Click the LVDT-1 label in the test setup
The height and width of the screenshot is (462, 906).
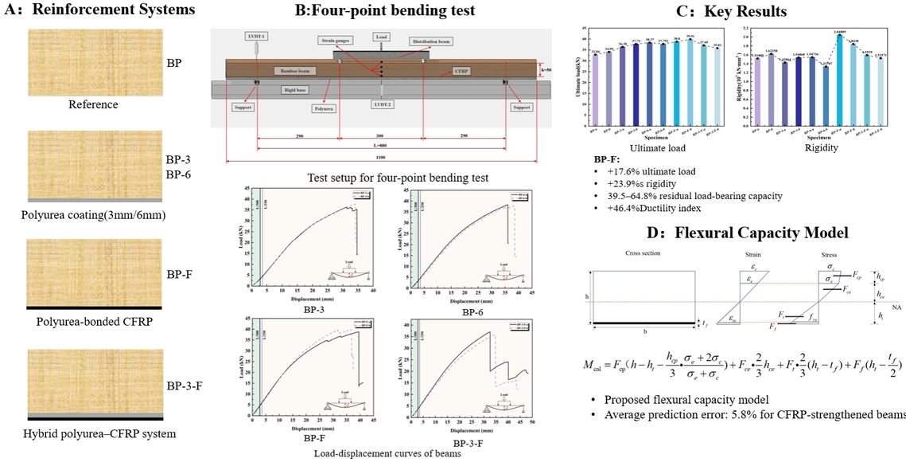coord(257,36)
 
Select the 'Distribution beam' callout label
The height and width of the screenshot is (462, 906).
coord(432,41)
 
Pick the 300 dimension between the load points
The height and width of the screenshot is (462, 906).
coord(381,136)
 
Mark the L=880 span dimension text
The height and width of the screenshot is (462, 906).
coord(381,147)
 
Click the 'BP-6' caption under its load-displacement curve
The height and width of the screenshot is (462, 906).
coord(473,313)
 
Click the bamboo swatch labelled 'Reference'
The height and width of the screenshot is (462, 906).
coord(95,62)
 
